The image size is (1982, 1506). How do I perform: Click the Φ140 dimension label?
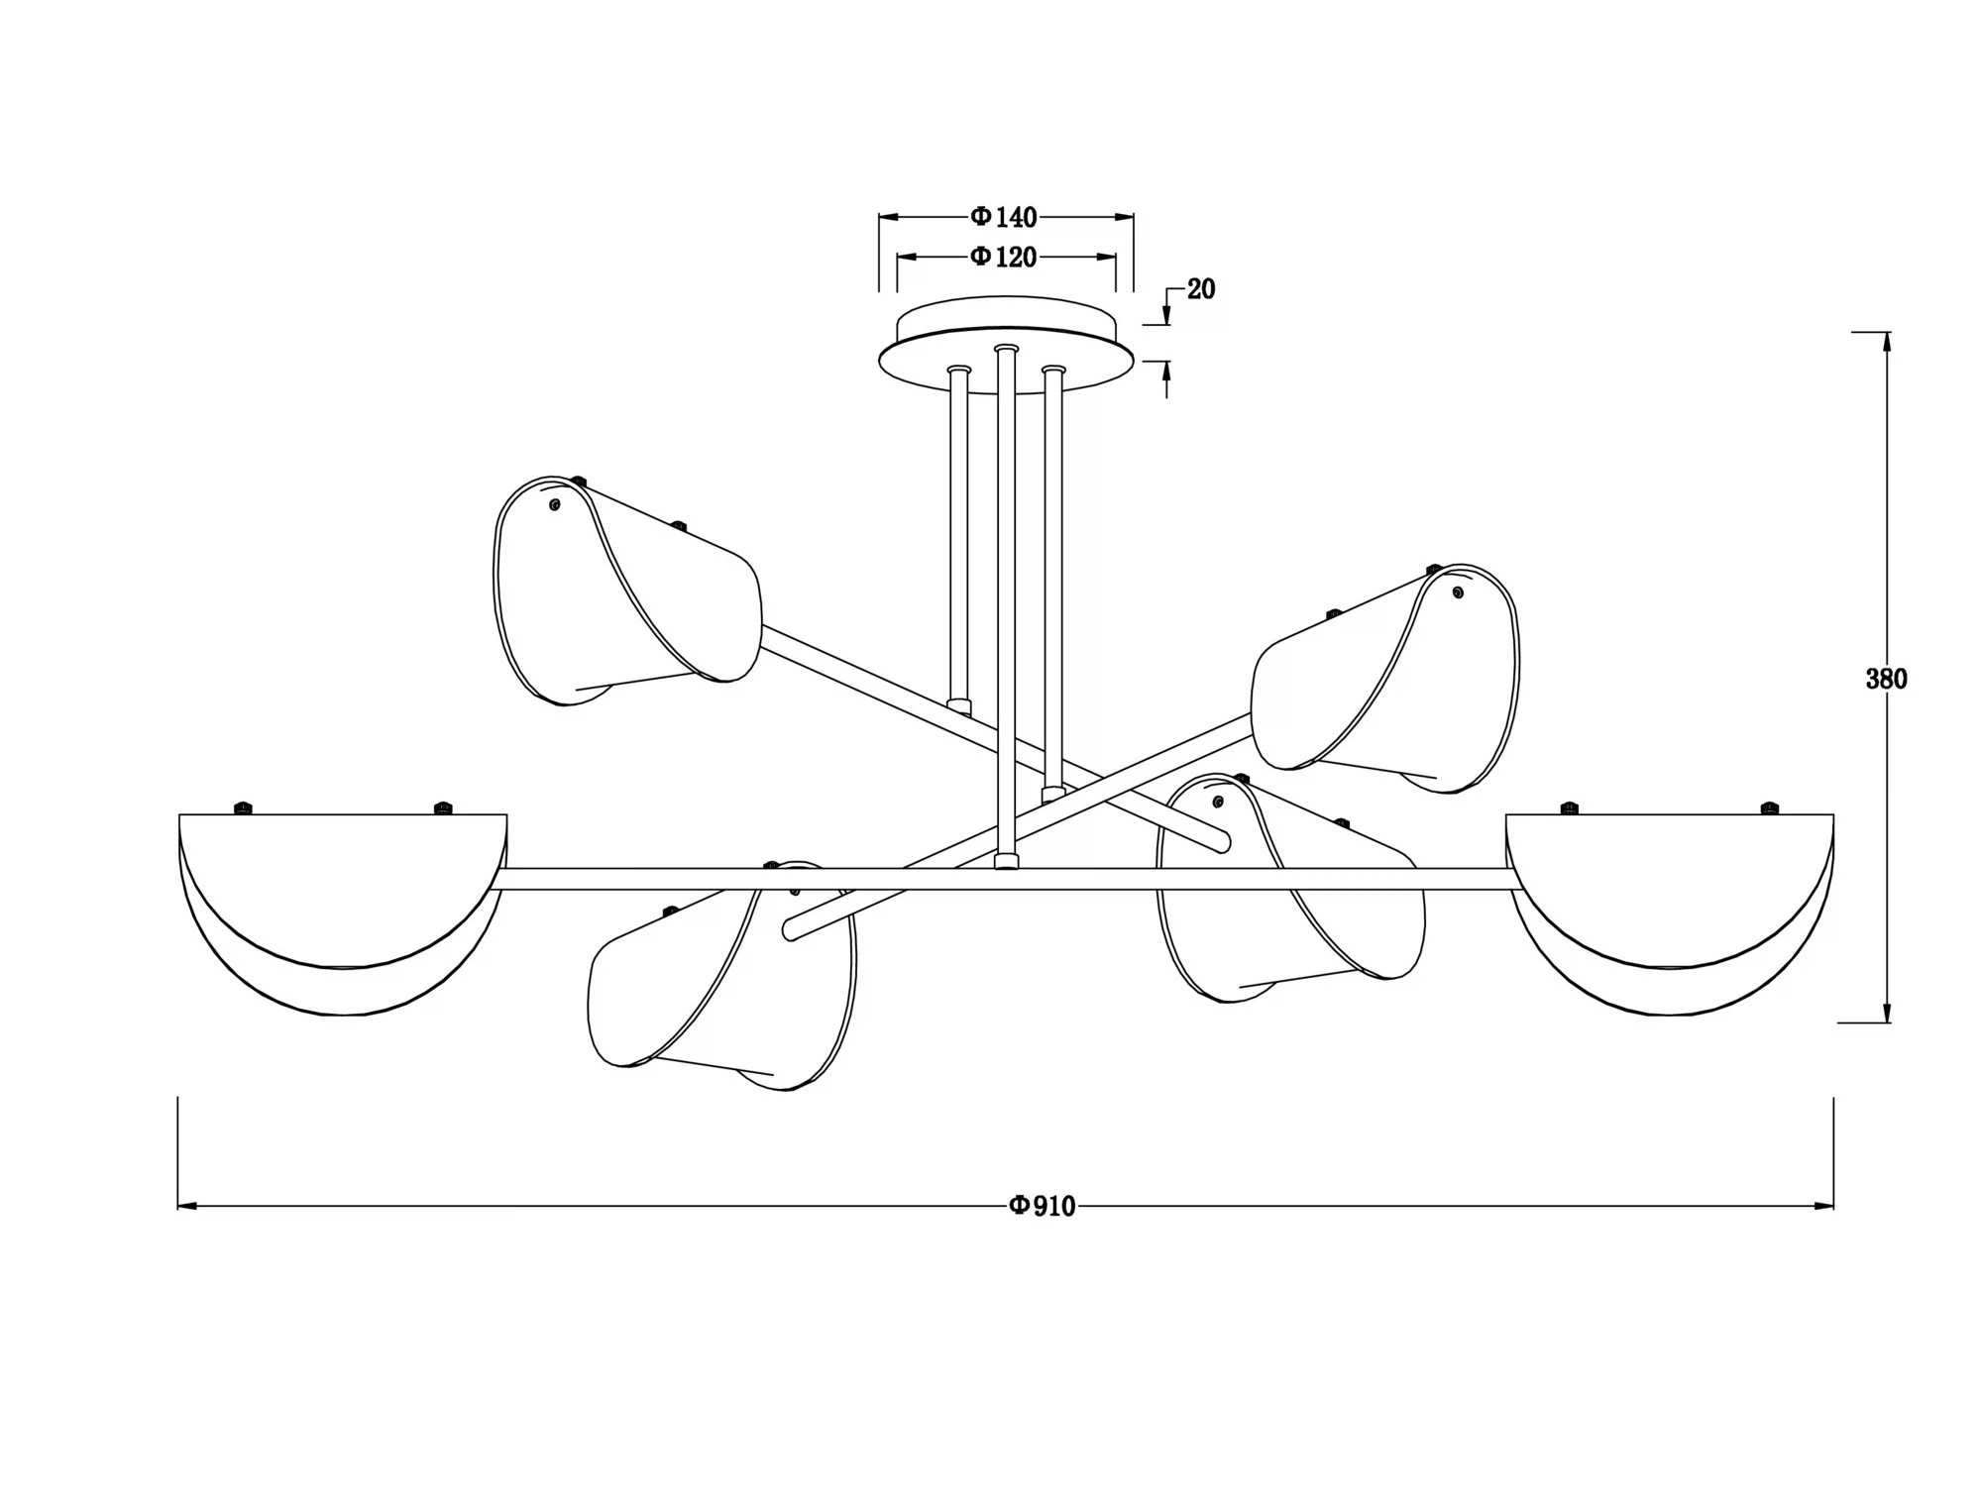1004,217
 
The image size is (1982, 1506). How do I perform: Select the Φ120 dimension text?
1004,258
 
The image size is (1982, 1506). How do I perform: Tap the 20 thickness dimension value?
1200,289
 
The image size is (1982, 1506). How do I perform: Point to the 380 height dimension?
1886,679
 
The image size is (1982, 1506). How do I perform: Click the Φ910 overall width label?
1042,1206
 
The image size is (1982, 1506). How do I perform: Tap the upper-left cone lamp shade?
624,594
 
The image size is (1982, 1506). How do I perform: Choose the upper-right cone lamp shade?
1387,684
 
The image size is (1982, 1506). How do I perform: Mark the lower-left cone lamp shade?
718,981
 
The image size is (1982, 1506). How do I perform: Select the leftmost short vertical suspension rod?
958,535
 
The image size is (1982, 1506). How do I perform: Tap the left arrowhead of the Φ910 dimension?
187,1206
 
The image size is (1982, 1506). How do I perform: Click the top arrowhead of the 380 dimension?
1886,341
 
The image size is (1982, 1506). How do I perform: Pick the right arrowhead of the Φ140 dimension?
1125,217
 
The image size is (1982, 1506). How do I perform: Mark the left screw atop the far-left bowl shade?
242,808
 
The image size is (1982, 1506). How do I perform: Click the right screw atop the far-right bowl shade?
1769,808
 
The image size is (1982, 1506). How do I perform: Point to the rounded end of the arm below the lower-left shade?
790,931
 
